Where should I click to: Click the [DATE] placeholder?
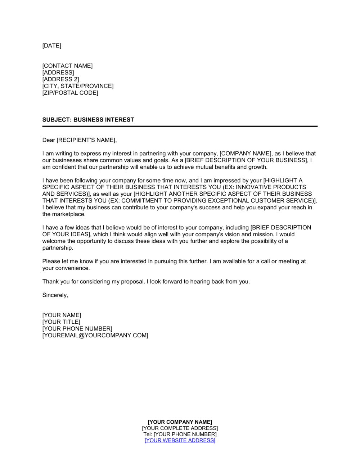(52, 46)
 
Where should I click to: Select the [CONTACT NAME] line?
(67, 66)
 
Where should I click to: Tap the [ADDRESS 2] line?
(60, 79)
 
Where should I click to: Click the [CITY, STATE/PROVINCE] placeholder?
(78, 86)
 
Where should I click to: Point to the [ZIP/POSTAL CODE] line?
(70, 93)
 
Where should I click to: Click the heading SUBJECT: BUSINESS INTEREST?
(88, 120)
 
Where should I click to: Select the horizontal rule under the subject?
(180, 126)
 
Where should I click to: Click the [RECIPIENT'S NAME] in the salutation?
(86, 140)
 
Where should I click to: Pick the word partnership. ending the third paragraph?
(58, 248)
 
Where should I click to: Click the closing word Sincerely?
(54, 295)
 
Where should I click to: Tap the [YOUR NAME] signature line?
(62, 315)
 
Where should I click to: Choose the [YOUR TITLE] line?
(61, 322)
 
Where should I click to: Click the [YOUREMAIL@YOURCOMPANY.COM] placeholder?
(95, 336)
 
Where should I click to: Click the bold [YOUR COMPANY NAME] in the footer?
(180, 422)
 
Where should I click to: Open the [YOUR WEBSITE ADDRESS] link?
(180, 441)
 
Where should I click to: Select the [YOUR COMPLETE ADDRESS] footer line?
(180, 428)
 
